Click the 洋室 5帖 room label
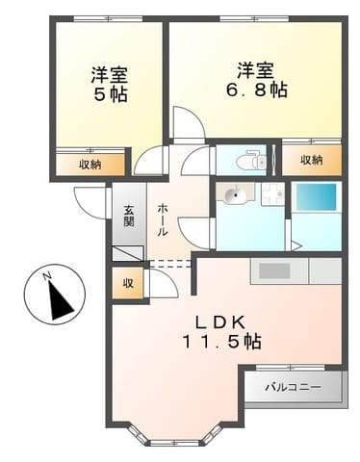click(x=110, y=84)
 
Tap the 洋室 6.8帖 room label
click(x=256, y=80)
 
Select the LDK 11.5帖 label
click(x=221, y=332)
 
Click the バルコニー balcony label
click(x=293, y=387)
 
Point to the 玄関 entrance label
click(x=129, y=216)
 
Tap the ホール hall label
click(x=163, y=219)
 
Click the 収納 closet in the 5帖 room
click(x=90, y=165)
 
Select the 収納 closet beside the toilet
click(x=312, y=160)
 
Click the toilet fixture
click(x=251, y=160)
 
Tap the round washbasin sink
click(x=236, y=194)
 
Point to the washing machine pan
click(x=272, y=194)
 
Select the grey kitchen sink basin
click(x=274, y=270)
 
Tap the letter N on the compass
click(x=47, y=276)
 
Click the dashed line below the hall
click(x=170, y=263)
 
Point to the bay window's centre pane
click(x=175, y=443)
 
